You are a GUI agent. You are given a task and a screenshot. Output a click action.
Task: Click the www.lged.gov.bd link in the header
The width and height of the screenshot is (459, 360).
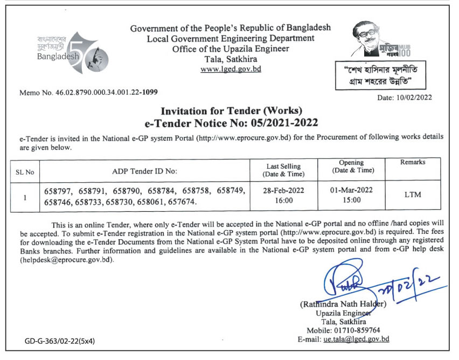(231, 69)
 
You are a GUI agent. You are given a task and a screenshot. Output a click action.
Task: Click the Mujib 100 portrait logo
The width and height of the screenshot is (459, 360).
(380, 40)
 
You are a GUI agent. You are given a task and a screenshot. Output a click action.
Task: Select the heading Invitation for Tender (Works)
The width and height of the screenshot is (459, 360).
(230, 112)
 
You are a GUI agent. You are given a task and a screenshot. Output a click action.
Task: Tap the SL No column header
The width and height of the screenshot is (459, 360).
(25, 172)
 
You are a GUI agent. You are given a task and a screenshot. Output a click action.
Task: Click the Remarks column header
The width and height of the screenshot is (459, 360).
(413, 162)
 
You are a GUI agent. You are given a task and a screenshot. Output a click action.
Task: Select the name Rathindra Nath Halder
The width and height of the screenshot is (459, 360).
(343, 304)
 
